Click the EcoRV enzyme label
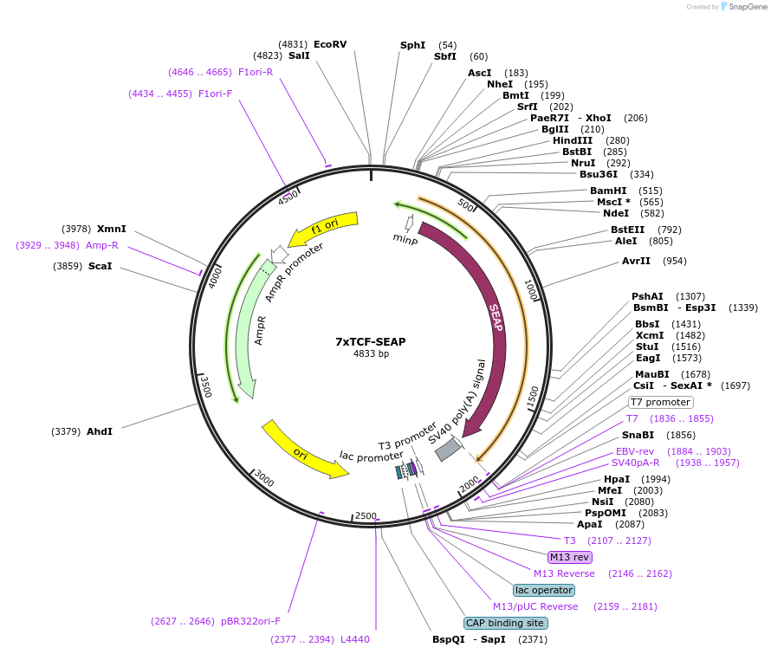pyautogui.click(x=330, y=44)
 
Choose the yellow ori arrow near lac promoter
pyautogui.click(x=303, y=451)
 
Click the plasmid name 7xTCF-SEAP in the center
pyautogui.click(x=371, y=341)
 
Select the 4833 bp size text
pyautogui.click(x=371, y=353)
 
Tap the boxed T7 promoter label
pyautogui.click(x=661, y=402)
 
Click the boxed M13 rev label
pyautogui.click(x=569, y=557)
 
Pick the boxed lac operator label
pyautogui.click(x=544, y=590)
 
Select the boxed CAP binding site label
pyautogui.click(x=505, y=623)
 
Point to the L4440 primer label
pyautogui.click(x=355, y=639)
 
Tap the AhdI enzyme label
pyautogui.click(x=100, y=431)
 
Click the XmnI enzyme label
pyautogui.click(x=112, y=229)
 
